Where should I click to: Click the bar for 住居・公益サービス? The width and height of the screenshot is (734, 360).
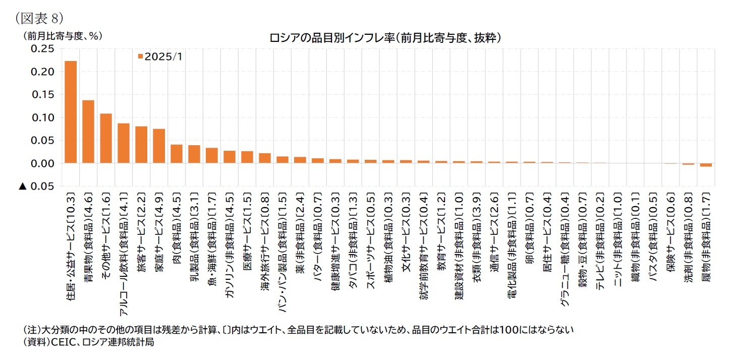tap(71, 112)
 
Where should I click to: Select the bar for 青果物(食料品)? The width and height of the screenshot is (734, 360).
tap(88, 132)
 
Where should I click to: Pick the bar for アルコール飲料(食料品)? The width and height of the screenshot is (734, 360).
tap(124, 144)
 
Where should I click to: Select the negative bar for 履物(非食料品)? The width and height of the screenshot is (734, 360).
tap(706, 165)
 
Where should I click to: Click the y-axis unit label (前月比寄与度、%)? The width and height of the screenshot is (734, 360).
tap(62, 36)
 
